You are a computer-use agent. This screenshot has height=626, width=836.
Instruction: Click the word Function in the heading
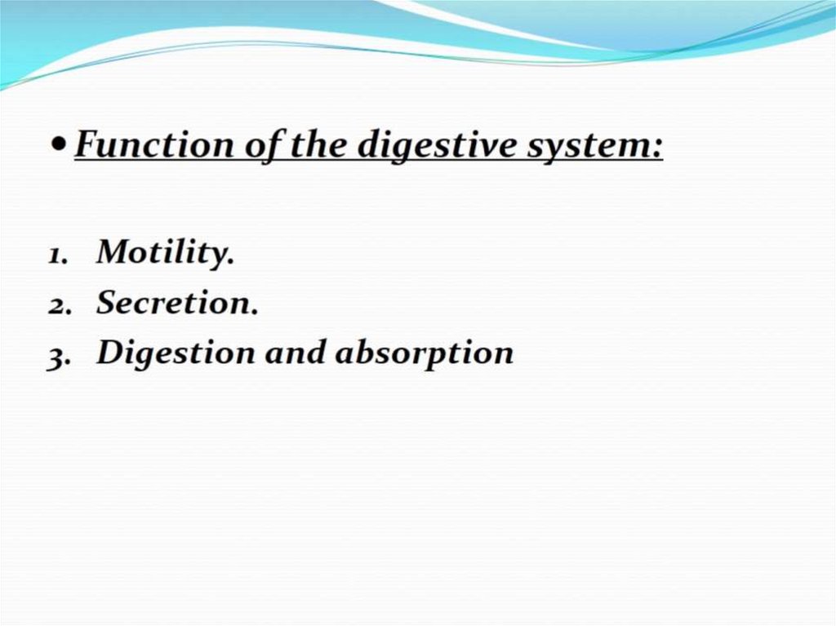(x=154, y=144)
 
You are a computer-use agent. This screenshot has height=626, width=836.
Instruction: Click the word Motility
(x=162, y=252)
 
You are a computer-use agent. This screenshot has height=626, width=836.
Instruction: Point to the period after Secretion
(x=254, y=312)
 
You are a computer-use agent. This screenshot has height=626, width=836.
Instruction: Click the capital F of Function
(x=88, y=144)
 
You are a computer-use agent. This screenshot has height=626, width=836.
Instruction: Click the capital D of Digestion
(x=111, y=353)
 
